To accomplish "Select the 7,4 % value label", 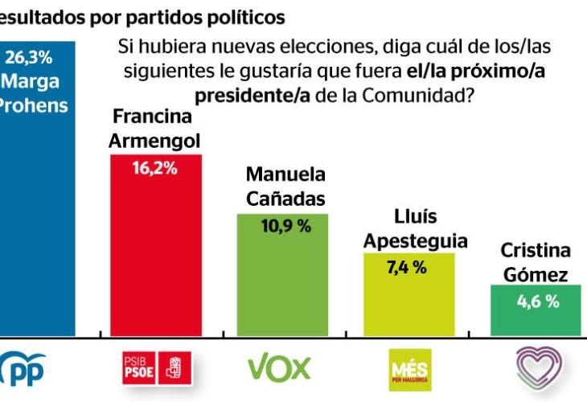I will click(407, 268).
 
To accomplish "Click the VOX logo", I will click(278, 368).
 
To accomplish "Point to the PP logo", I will click(24, 369).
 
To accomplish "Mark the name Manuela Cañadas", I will click(285, 186).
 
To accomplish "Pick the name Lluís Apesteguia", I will click(416, 228).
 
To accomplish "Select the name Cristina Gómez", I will click(536, 262).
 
